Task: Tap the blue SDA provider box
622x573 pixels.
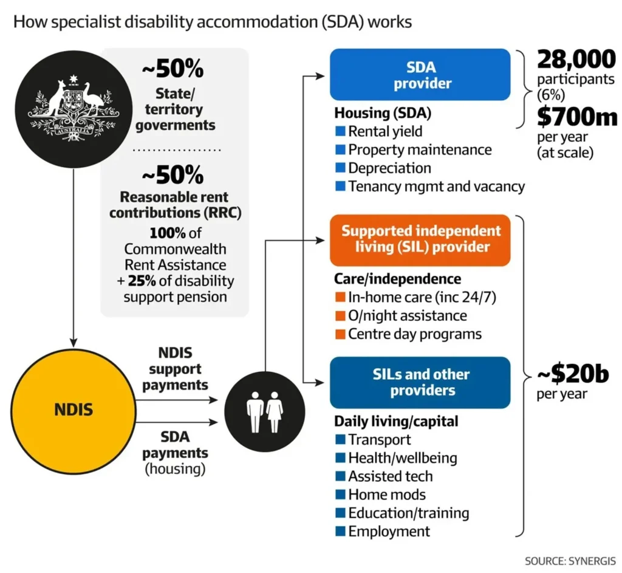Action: pyautogui.click(x=420, y=75)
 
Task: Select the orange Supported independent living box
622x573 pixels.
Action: pyautogui.click(x=420, y=239)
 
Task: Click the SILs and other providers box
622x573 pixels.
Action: pyautogui.click(x=420, y=382)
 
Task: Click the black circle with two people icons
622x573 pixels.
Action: pyautogui.click(x=265, y=411)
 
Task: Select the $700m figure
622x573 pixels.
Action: pyautogui.click(x=576, y=117)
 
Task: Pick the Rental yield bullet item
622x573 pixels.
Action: pyautogui.click(x=385, y=131)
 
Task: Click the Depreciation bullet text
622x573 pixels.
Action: pyautogui.click(x=389, y=168)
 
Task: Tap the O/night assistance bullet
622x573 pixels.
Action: pyautogui.click(x=407, y=316)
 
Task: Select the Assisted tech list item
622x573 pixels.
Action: pyautogui.click(x=390, y=476)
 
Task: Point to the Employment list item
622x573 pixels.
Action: pyautogui.click(x=389, y=531)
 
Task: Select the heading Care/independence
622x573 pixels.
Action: pyautogui.click(x=397, y=279)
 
